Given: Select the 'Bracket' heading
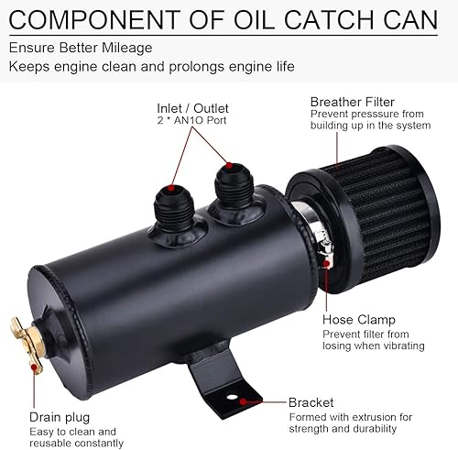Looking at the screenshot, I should tap(311, 402).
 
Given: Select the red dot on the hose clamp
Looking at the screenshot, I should tap(328, 264).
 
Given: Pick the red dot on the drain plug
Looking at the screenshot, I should tap(34, 365).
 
